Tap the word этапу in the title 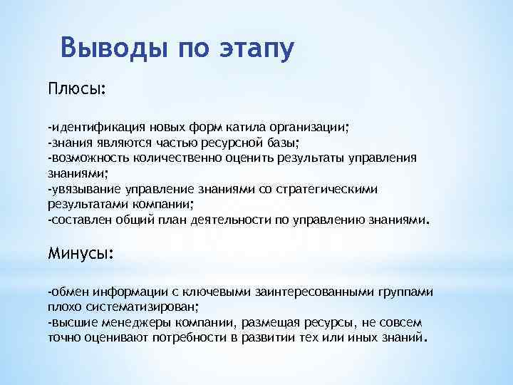(252, 49)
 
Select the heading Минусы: (81, 254)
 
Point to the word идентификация (92, 128)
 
